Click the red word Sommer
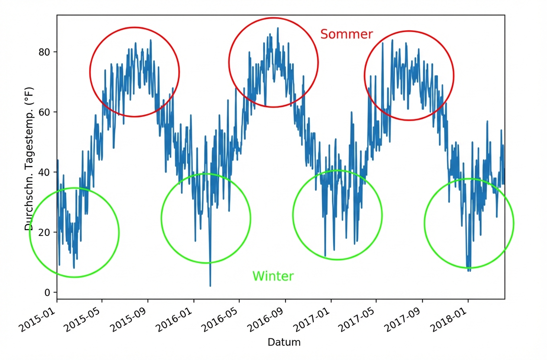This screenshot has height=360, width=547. [x=346, y=34]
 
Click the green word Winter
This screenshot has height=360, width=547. [x=273, y=276]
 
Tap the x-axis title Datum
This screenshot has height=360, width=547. [x=284, y=342]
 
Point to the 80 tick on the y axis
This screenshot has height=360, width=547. [x=45, y=52]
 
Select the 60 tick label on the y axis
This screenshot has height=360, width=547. [x=45, y=112]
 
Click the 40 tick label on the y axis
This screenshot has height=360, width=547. [x=45, y=172]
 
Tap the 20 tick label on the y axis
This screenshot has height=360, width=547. [x=45, y=232]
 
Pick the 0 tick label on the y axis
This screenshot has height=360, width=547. [x=47, y=292]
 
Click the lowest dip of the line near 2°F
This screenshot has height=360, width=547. [x=210, y=286]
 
